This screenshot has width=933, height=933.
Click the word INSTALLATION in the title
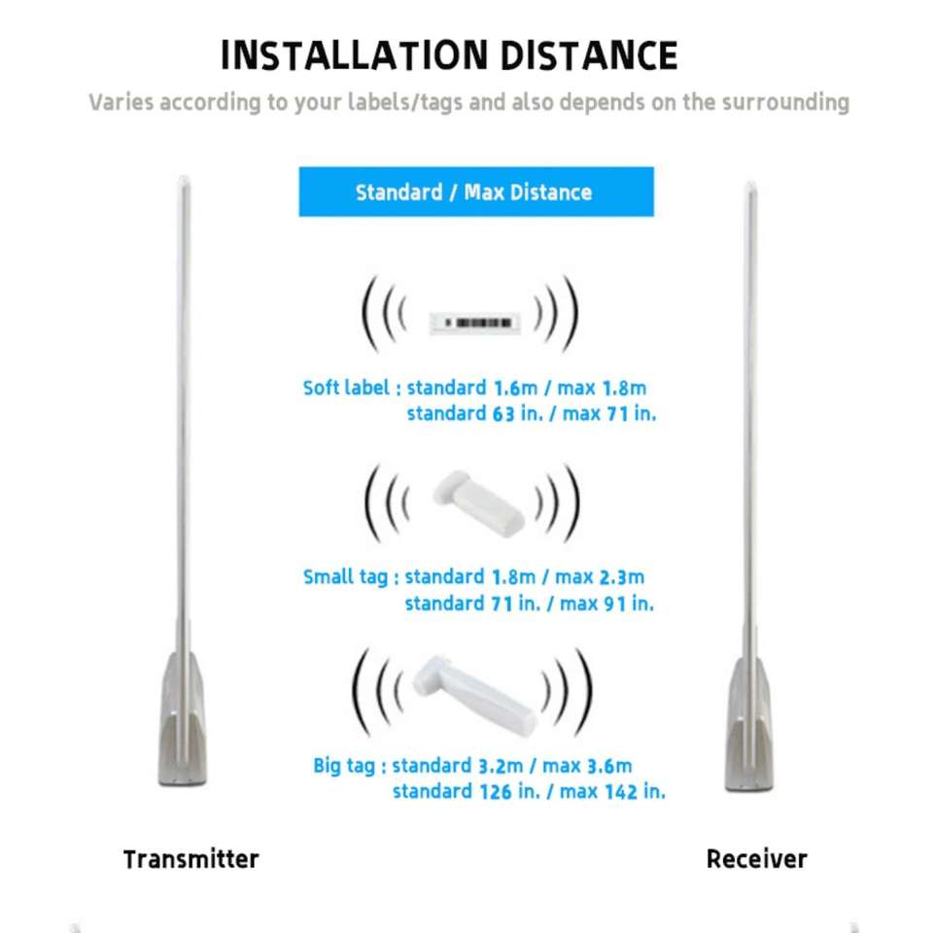click(x=355, y=55)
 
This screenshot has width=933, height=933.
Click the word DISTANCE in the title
click(x=589, y=55)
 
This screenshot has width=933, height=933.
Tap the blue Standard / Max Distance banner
click(x=476, y=191)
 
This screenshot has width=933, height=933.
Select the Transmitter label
click(x=191, y=859)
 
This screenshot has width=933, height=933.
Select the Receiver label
click(x=756, y=859)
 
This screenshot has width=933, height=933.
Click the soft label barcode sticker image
click(x=475, y=323)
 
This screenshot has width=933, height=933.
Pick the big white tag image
click(x=475, y=694)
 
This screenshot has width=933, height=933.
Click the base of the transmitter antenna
click(x=182, y=720)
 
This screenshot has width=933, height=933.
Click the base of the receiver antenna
click(x=749, y=725)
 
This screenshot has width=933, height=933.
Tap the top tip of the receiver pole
click(x=751, y=184)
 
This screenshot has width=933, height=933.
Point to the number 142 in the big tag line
click(x=621, y=792)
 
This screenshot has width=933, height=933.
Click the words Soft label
click(x=346, y=388)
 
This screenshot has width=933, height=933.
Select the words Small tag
click(x=345, y=577)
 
